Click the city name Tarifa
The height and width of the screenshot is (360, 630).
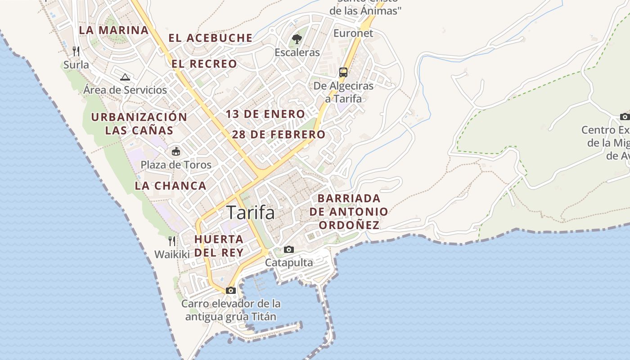click(x=251, y=212)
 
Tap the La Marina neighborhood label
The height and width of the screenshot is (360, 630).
click(x=113, y=30)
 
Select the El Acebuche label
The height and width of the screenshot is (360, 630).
click(x=211, y=38)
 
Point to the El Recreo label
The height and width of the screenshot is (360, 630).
click(x=204, y=64)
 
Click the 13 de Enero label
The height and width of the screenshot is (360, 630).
click(x=265, y=114)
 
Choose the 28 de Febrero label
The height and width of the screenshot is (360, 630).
click(x=279, y=135)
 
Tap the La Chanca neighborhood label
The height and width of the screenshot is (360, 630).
click(x=171, y=186)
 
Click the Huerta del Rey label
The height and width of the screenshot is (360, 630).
click(x=219, y=246)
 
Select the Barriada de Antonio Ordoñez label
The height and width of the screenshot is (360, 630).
click(x=349, y=211)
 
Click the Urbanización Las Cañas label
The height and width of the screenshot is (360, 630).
click(x=139, y=124)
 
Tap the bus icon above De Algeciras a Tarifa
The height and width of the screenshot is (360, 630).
click(x=343, y=72)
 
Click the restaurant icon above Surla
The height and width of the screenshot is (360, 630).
click(x=76, y=51)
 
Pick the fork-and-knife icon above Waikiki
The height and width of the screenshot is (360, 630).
click(x=172, y=241)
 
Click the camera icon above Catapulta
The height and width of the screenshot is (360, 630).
click(x=289, y=249)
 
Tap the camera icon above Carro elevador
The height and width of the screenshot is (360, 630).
click(x=231, y=290)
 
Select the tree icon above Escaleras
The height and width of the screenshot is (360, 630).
click(x=297, y=39)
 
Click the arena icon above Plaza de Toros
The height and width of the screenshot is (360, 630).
click(x=176, y=152)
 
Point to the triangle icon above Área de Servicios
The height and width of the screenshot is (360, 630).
click(x=125, y=77)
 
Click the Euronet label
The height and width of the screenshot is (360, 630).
click(x=353, y=33)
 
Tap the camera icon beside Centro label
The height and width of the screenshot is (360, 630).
click(x=625, y=117)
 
